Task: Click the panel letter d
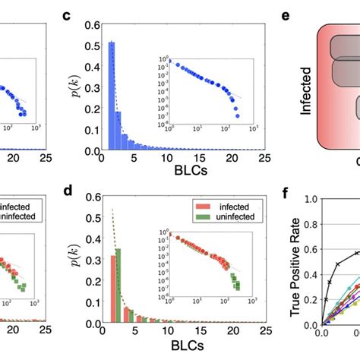point(68,191)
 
